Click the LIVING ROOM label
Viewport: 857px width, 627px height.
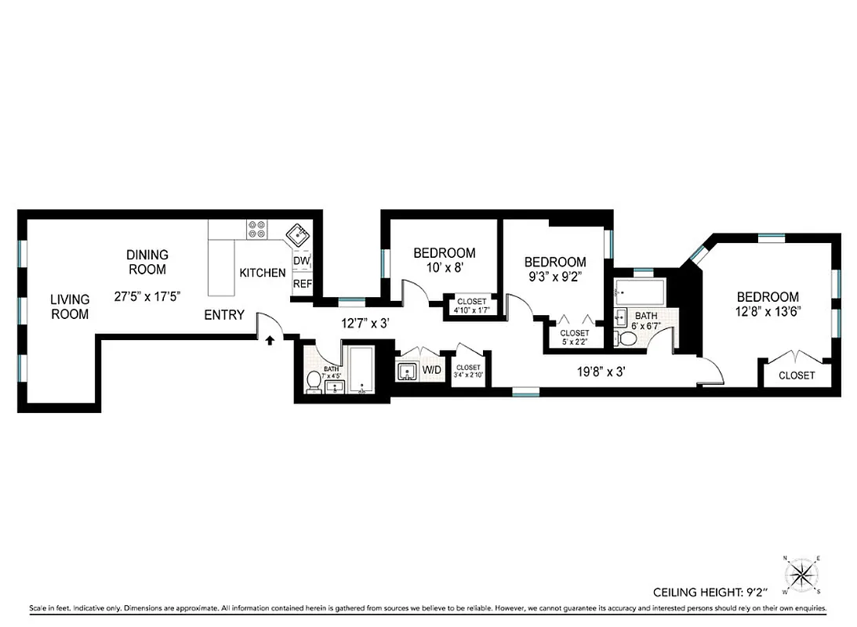70,306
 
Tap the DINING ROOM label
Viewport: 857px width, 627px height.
147,262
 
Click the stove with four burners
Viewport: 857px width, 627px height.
258,229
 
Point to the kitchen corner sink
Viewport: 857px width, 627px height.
298,234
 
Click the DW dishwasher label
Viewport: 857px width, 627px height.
302,261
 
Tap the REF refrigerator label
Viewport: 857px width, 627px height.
302,284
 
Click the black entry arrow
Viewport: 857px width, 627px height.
270,340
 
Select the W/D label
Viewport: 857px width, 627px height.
432,368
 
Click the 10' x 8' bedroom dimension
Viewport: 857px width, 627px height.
444,268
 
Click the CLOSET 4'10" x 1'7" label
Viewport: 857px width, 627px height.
470,306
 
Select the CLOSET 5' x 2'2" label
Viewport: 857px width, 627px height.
574,337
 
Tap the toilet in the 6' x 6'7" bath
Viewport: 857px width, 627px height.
627,338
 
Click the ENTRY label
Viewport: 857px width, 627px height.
224,315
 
